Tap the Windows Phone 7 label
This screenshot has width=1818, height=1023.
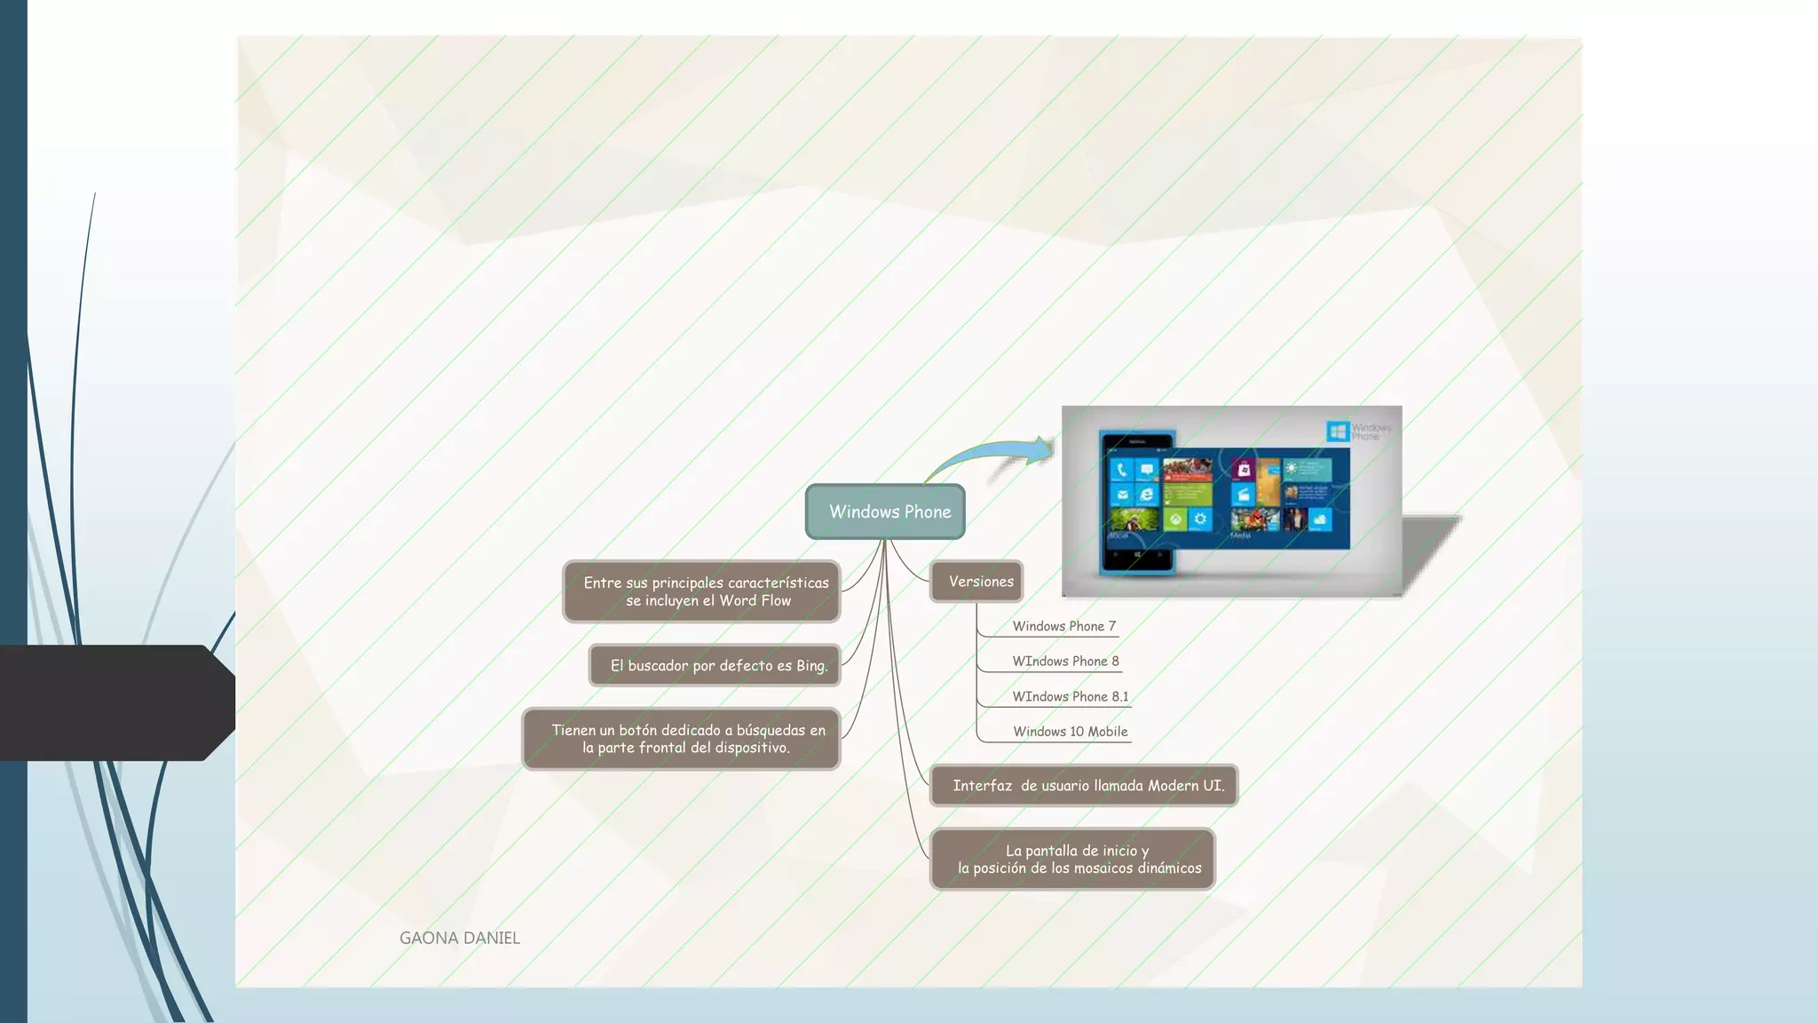1063,626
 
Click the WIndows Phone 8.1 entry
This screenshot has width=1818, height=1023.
1070,696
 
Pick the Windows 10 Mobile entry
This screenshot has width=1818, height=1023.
1070,732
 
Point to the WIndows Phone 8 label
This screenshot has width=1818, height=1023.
1065,662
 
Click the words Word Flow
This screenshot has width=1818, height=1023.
755,601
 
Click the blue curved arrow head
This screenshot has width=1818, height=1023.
1040,449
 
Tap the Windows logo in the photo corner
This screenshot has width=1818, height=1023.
1337,432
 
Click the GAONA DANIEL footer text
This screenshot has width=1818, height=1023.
459,938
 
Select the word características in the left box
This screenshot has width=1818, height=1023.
779,583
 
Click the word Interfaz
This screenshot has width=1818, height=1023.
982,785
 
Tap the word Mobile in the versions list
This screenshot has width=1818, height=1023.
1107,732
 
